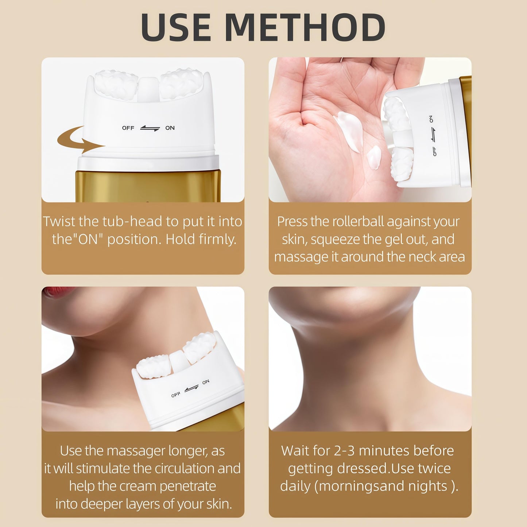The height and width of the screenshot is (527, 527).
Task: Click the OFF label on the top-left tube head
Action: [x=128, y=128]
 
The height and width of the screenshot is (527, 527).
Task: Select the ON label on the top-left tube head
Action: [x=170, y=128]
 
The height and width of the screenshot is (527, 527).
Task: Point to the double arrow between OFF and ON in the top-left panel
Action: [x=150, y=128]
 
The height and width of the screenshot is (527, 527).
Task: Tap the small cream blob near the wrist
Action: [x=373, y=158]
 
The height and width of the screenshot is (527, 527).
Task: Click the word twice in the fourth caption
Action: [x=435, y=469]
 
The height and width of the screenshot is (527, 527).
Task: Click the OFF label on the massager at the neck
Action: [x=176, y=395]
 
